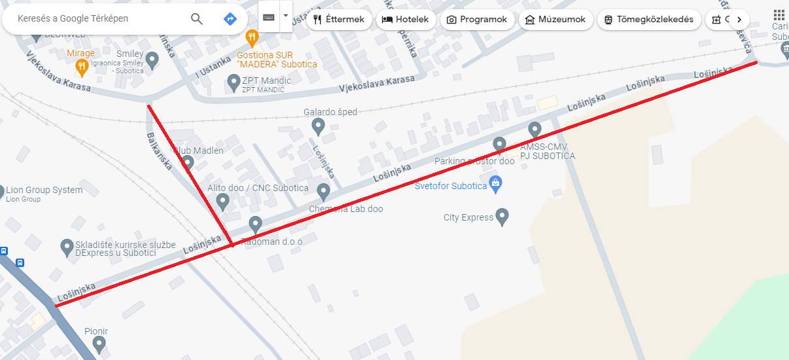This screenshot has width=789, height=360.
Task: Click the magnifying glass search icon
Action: tap(197, 19)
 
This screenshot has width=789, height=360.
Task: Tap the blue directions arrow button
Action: tap(230, 19)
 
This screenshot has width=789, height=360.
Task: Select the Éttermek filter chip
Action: tap(339, 20)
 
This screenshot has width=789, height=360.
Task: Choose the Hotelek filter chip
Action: tap(406, 20)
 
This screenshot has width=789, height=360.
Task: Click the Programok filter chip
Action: tap(477, 20)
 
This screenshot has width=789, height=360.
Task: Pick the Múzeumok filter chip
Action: tap(555, 20)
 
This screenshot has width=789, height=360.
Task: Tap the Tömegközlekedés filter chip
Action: tap(649, 20)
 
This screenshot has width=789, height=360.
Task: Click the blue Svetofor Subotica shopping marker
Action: tap(495, 184)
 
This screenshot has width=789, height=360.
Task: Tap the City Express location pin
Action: tap(502, 216)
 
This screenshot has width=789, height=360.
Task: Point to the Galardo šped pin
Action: tap(318, 126)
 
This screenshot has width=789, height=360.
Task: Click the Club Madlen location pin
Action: tap(188, 163)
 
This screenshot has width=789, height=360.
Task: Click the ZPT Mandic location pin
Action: tap(234, 82)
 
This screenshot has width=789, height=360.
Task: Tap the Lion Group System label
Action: tap(44, 190)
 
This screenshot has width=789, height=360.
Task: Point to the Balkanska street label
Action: tap(159, 151)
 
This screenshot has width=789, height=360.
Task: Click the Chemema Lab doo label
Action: tap(345, 209)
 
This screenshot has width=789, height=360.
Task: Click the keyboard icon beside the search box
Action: tap(269, 17)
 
